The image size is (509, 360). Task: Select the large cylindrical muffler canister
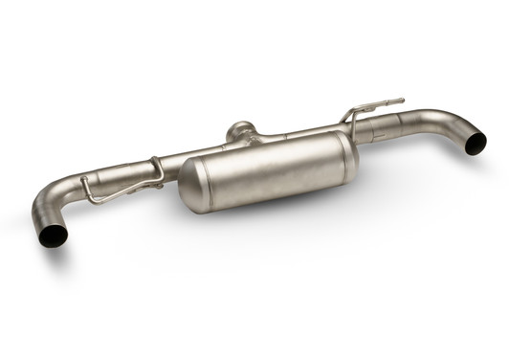268,172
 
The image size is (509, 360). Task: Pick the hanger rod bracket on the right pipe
358,115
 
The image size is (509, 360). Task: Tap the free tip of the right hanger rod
402,99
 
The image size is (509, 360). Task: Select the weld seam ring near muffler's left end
206,182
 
